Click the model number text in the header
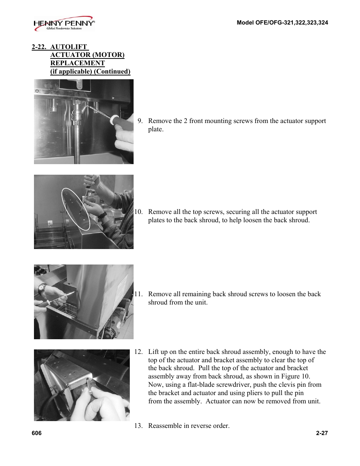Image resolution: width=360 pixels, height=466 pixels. click(x=282, y=23)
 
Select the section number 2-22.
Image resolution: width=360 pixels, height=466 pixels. click(x=39, y=47)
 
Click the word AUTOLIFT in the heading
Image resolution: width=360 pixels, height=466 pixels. click(x=69, y=47)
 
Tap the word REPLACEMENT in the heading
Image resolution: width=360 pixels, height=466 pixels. click(x=77, y=63)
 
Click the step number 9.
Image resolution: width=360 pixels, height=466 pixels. click(x=140, y=121)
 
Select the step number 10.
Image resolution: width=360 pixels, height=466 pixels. click(x=138, y=212)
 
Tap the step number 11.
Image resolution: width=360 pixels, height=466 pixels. click(x=138, y=294)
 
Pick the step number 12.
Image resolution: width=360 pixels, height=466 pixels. click(x=138, y=352)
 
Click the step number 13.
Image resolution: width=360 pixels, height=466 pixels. click(x=138, y=426)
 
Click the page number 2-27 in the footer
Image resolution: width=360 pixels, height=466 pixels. click(x=322, y=433)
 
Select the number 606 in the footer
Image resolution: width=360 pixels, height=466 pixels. click(x=37, y=433)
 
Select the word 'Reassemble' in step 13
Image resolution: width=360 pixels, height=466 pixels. click(x=166, y=426)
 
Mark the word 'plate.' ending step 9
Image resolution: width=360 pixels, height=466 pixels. click(x=155, y=129)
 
